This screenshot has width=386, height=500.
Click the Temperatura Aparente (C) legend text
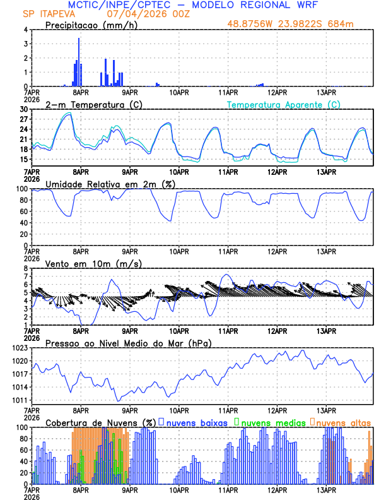[x=284, y=104]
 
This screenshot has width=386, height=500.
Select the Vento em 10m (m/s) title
[x=93, y=263]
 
